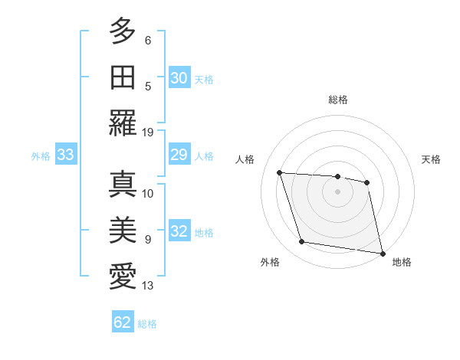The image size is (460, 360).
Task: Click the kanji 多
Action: click(123, 31)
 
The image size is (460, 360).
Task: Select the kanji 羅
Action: click(123, 122)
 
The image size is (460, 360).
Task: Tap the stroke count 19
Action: click(148, 132)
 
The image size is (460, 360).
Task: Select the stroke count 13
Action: click(148, 286)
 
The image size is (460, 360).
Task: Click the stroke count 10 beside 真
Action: click(148, 194)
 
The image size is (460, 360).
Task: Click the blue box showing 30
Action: click(179, 78)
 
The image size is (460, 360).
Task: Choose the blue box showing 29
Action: click(179, 155)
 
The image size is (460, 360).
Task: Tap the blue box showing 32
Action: click(179, 232)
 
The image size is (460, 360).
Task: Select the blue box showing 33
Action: click(66, 155)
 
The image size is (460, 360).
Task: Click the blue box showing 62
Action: click(123, 322)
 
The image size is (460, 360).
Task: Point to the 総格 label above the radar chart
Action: click(338, 100)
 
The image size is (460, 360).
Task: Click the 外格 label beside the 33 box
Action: click(41, 156)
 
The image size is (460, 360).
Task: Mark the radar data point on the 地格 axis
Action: click(382, 253)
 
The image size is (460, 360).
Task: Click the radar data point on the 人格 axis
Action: click(280, 172)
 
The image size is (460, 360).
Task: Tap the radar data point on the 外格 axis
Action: click(302, 242)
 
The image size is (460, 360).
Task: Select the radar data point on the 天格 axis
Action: click(367, 182)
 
